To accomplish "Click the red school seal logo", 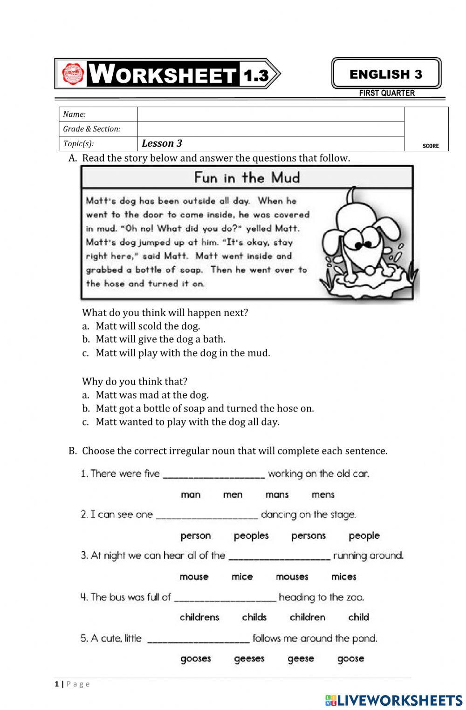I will [x=73, y=74].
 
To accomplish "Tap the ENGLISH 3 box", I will [x=386, y=74].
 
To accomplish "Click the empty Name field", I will [x=270, y=115].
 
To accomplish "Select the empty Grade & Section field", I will [x=270, y=129].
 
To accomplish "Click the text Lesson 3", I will [x=162, y=143].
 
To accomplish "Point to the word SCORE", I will [x=431, y=146].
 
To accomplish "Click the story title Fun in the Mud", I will [x=247, y=177].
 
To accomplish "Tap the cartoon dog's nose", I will [x=369, y=270].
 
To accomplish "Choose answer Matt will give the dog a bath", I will [x=160, y=339].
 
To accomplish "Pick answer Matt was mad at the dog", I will [x=152, y=395].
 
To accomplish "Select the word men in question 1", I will [x=233, y=494].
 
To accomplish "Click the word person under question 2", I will [x=196, y=535].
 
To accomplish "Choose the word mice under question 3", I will [x=242, y=576].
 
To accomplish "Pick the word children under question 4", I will [x=307, y=617].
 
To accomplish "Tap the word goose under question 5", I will [x=350, y=658].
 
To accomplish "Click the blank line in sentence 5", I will [x=198, y=640].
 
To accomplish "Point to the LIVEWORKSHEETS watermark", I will [x=394, y=700].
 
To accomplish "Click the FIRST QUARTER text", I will [x=387, y=93].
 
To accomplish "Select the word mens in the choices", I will [x=323, y=494].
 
